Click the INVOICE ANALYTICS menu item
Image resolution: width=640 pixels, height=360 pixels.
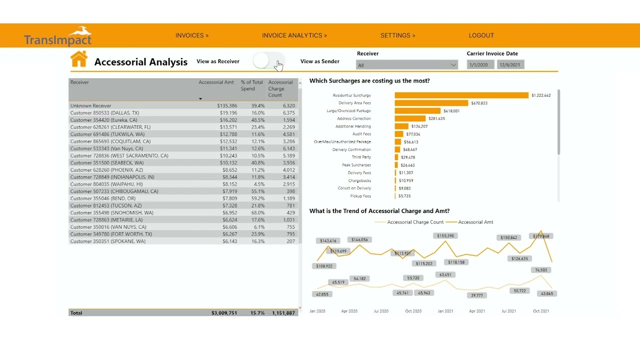tap(294, 35)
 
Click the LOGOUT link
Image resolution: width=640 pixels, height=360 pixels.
tap(481, 35)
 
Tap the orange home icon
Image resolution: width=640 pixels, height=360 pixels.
tap(79, 59)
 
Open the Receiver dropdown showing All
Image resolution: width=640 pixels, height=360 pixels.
tap(406, 65)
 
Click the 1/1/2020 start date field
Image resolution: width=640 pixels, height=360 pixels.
tap(479, 65)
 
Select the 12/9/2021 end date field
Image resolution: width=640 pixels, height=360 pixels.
tap(510, 65)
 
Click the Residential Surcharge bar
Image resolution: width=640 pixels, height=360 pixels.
tap(461, 95)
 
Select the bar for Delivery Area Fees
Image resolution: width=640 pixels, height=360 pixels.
tap(431, 103)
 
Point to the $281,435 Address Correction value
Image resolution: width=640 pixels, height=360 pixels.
tap(436, 118)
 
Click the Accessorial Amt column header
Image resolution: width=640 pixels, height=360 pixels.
tap(216, 82)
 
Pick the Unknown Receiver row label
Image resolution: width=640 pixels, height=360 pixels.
tap(91, 106)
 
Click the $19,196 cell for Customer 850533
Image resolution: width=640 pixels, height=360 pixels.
tap(228, 113)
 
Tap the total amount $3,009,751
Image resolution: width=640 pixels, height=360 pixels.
tap(224, 313)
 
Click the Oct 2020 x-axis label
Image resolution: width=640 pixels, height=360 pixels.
tap(413, 311)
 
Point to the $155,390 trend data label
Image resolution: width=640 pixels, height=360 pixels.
tap(445, 236)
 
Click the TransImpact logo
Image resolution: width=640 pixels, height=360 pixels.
tap(58, 36)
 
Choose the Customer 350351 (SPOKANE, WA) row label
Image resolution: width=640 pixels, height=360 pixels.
tap(108, 241)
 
